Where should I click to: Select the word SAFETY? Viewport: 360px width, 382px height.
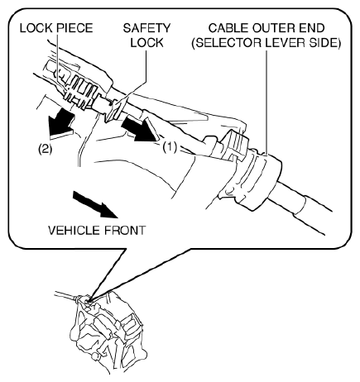tap(146, 28)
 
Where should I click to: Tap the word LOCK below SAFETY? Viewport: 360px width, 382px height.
tap(146, 42)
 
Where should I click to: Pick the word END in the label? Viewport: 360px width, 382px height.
tap(310, 28)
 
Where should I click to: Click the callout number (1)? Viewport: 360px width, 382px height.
tap(169, 148)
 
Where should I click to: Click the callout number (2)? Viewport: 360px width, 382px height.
tap(45, 149)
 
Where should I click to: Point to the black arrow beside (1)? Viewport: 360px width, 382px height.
tap(141, 129)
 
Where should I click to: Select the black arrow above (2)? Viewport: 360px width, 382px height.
tap(61, 123)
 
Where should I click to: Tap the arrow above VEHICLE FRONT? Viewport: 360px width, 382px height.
tap(95, 204)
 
